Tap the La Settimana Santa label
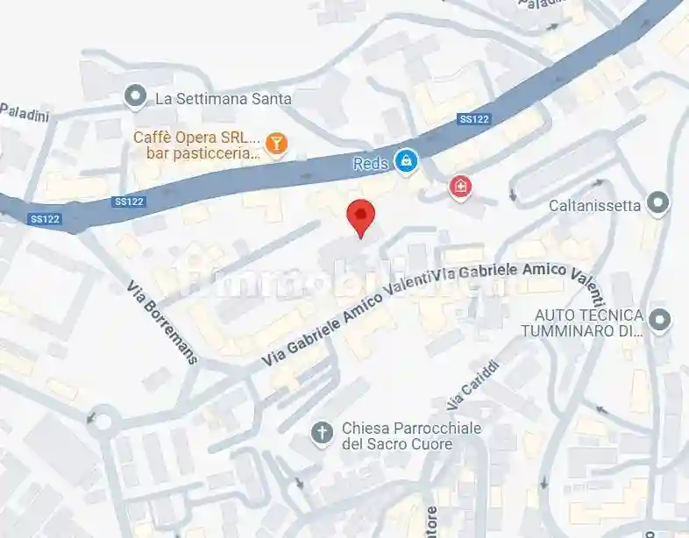coord(223,99)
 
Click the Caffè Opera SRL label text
coord(197,138)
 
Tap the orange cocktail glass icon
coord(276,143)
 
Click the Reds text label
coord(370,164)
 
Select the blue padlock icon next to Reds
coord(405,160)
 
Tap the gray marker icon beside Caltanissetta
coord(657,204)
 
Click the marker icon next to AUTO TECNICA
coord(662,318)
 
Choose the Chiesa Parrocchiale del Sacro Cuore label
coord(397,436)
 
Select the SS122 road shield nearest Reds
coord(473,119)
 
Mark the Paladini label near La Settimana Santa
coord(24,112)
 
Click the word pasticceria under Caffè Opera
coord(216,153)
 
